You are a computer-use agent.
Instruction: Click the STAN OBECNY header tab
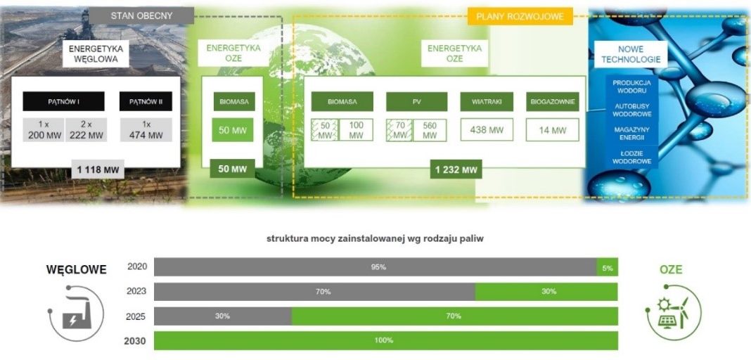coord(141,15)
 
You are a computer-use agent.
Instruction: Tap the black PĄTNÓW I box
coord(64,101)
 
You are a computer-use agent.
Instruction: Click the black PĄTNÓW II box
coord(146,101)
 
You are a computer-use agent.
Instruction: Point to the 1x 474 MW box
coord(146,130)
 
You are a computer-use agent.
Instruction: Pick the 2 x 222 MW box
coord(86,130)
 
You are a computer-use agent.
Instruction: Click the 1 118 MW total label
coord(98,169)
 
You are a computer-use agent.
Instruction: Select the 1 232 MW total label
coord(456,169)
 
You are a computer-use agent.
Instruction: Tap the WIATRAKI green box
coord(487,101)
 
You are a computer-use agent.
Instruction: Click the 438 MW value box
coord(487,130)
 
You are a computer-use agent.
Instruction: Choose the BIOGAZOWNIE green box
coord(552,101)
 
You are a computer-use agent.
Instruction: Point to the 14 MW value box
coord(552,130)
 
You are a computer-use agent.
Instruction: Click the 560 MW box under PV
coord(430,130)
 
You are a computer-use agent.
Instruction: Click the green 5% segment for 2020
coord(607,267)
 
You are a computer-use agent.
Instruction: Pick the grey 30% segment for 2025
coord(223,316)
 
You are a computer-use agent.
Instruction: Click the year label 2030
coord(135,341)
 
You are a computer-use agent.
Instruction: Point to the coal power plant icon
coord(76,314)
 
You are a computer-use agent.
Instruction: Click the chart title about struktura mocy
coord(375,239)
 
